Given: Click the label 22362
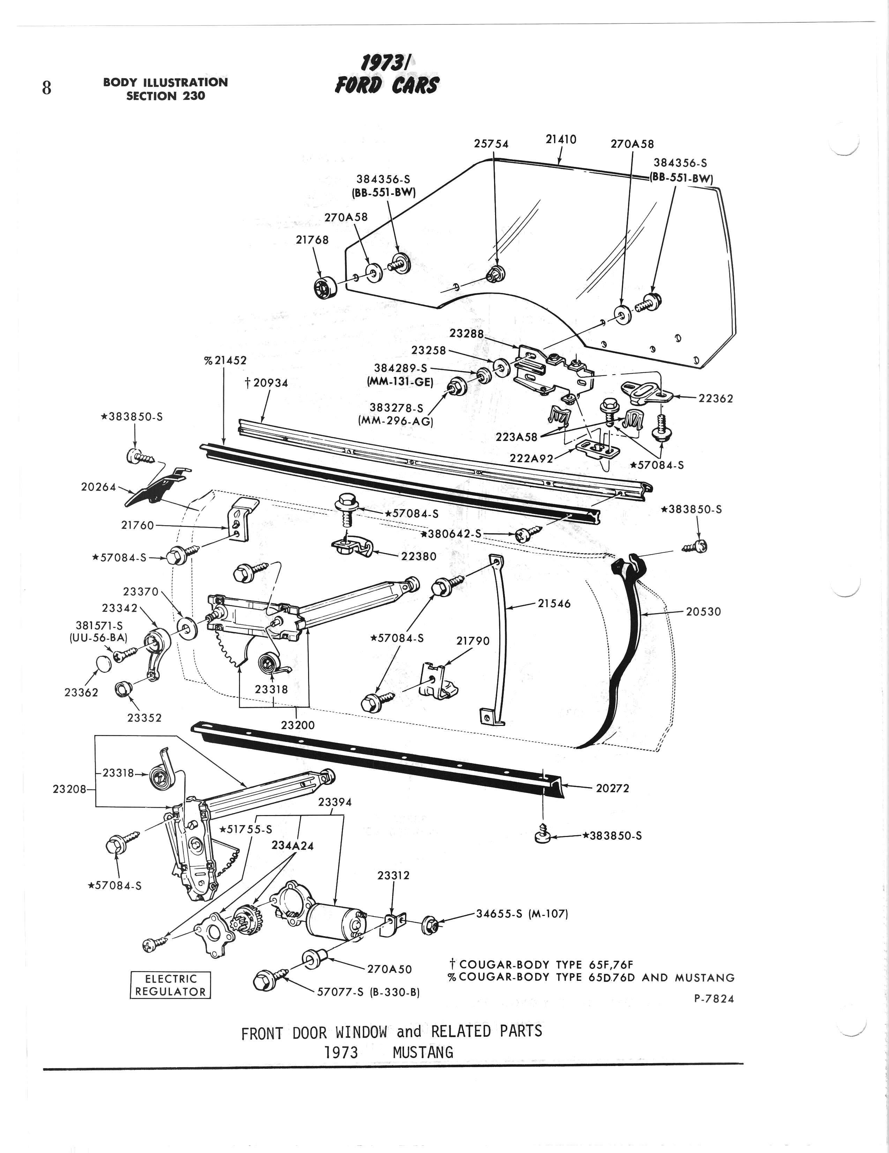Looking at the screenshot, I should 715,398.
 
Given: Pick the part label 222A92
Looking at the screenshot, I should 531,458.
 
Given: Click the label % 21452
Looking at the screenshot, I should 225,361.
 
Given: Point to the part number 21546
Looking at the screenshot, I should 554,603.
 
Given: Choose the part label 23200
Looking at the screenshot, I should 298,725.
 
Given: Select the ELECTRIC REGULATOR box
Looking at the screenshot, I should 170,985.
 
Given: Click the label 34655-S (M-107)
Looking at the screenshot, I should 521,914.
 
